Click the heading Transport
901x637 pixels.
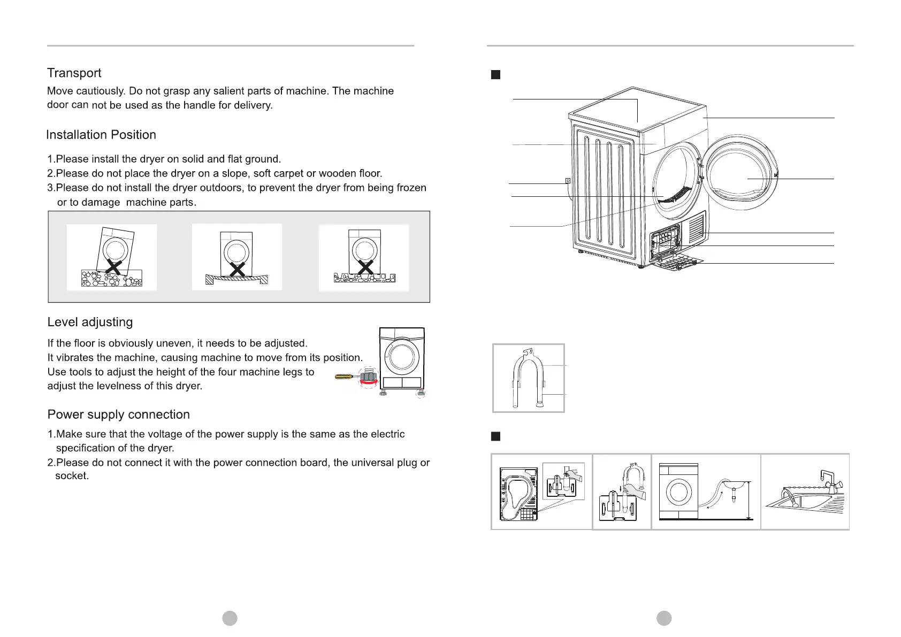click(74, 73)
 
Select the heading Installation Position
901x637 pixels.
click(101, 135)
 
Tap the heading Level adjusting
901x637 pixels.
click(90, 322)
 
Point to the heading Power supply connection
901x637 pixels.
click(118, 415)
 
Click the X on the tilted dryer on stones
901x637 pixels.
click(113, 266)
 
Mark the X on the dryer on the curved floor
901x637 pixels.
click(237, 269)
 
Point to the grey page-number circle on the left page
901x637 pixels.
click(230, 618)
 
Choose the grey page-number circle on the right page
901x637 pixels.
click(664, 618)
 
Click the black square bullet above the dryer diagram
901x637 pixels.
click(495, 74)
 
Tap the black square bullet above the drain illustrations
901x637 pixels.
click(495, 436)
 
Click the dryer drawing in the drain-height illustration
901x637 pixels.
click(678, 491)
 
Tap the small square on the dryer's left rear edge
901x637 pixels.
click(568, 181)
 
